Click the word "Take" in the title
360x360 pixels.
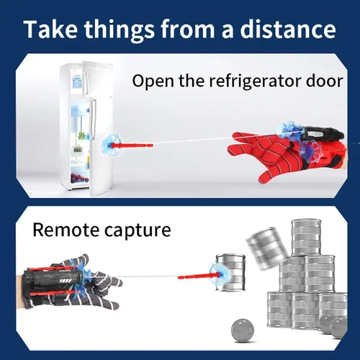coord(50,30)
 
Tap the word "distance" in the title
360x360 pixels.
coord(288,30)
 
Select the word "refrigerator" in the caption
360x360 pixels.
coord(256,81)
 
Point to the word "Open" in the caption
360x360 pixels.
coord(153,82)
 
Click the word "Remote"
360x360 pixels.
coord(66,230)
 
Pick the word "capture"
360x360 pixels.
coord(138,231)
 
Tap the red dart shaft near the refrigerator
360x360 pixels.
coord(132,145)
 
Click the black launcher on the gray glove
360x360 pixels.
coord(53,279)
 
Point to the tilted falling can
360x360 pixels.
coord(267,248)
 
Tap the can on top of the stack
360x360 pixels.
coord(306,238)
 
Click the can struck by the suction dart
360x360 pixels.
coord(231,272)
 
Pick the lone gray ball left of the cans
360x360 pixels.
coord(243,330)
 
